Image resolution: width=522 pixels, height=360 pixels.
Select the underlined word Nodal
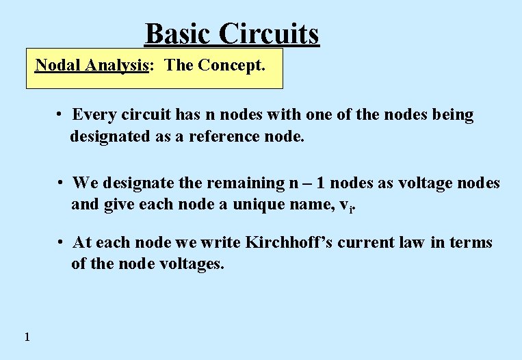pos(55,66)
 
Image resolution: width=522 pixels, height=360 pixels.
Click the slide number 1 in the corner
pos(26,336)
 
